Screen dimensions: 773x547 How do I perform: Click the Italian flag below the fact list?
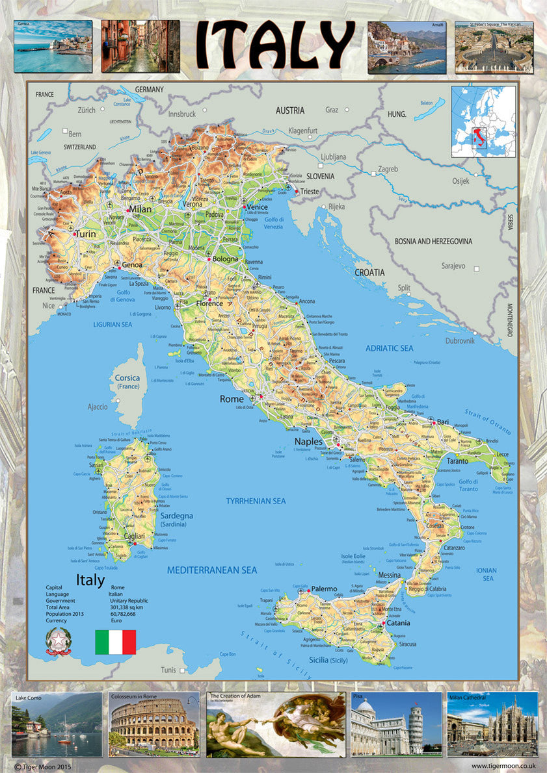coord(115,642)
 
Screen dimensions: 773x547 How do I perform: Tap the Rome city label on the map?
coord(232,399)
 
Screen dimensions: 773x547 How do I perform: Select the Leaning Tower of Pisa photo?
coord(396,725)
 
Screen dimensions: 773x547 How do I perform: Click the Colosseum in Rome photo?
coord(154,725)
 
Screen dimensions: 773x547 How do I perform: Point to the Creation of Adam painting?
coord(276,725)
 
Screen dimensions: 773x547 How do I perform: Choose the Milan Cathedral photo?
coord(492,725)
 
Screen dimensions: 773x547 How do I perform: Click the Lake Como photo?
coord(57,725)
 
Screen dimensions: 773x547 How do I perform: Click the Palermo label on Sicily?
coord(324,589)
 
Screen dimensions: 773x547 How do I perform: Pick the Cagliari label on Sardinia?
coord(139,537)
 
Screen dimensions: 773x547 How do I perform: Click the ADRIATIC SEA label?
coord(389,349)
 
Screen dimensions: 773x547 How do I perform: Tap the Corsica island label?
coord(127,378)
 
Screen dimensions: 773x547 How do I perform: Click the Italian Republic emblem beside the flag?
coord(57,642)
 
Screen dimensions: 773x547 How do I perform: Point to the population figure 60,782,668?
coord(123,613)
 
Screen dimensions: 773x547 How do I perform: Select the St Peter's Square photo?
coord(494,47)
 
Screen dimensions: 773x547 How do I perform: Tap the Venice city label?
coord(258,207)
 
